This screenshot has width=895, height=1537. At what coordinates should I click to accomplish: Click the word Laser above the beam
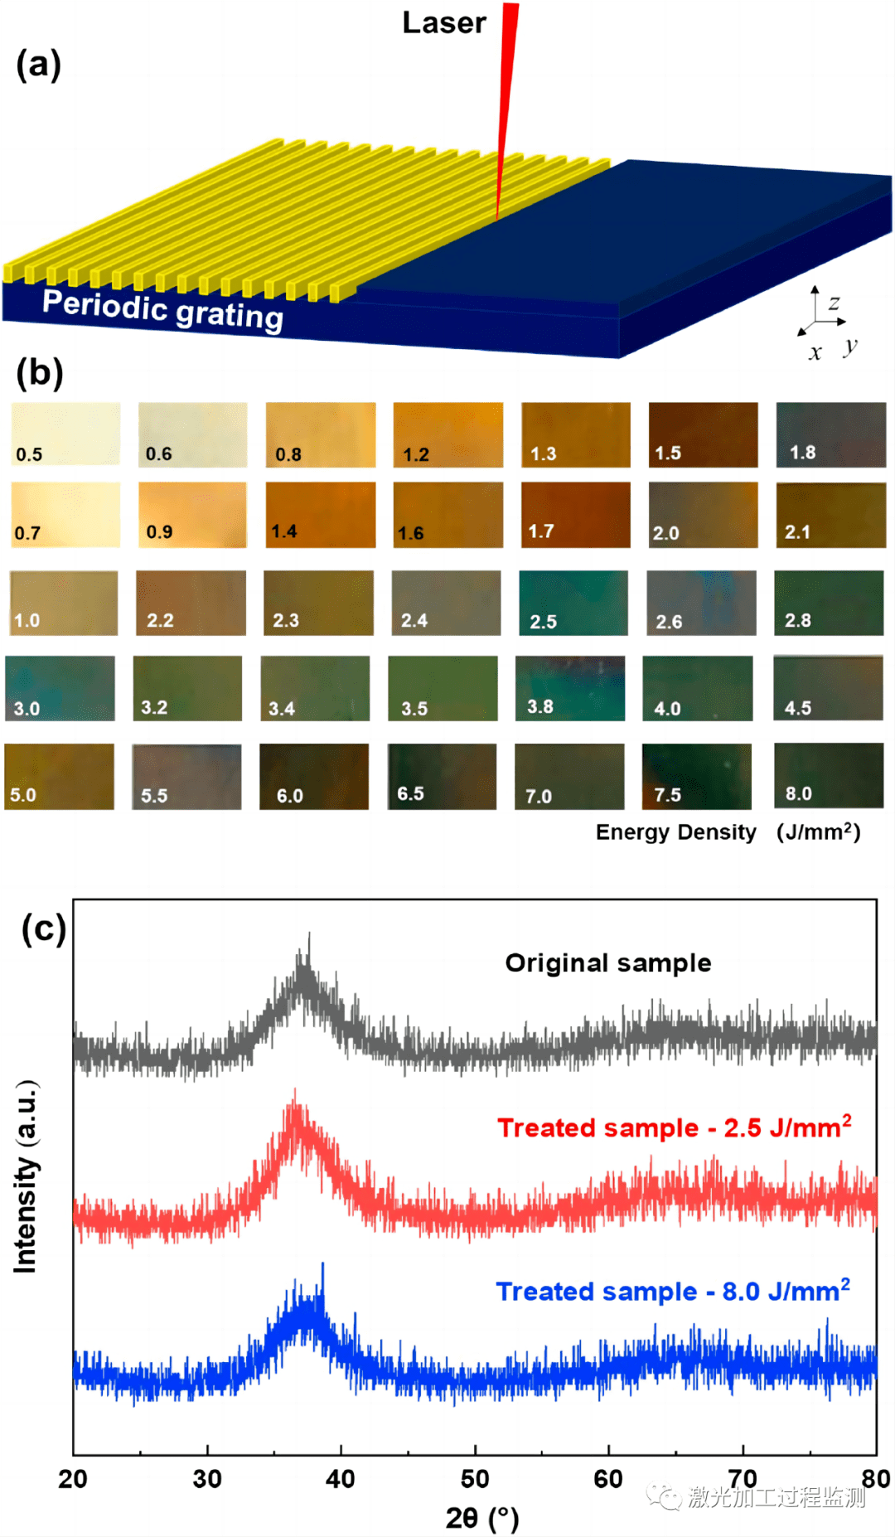pos(444,23)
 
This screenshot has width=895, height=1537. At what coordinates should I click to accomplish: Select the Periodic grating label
pos(162,310)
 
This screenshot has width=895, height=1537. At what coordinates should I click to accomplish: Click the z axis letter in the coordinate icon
pos(834,303)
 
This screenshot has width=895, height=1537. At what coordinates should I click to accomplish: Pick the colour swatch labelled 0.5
pos(65,434)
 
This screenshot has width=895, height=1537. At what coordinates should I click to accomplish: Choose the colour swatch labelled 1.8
pos(830,434)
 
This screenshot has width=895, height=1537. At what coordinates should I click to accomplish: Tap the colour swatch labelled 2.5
pos(573,603)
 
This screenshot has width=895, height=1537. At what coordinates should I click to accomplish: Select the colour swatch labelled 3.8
pos(570,688)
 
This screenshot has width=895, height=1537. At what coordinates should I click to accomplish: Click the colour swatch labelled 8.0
pos(829,775)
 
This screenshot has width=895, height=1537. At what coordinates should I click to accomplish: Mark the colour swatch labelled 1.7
pos(575,515)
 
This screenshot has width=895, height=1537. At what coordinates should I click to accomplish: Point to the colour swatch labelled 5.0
pos(60,776)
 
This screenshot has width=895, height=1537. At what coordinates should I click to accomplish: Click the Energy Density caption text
pos(675,832)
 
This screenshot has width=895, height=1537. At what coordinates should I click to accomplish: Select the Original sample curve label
pos(608,962)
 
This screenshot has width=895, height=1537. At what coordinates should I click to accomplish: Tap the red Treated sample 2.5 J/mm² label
pos(674,1127)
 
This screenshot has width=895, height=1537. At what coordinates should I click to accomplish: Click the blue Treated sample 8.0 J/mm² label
pos(673,1291)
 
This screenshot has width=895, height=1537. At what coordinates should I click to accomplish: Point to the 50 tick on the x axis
pos(475,1478)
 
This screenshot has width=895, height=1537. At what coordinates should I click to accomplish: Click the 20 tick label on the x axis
pos(73,1478)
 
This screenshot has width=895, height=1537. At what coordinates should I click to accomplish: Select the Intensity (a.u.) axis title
pos(26,1176)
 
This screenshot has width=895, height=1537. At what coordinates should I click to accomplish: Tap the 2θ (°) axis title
pos(481,1517)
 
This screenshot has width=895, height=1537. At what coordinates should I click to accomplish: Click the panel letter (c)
pos(44,929)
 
